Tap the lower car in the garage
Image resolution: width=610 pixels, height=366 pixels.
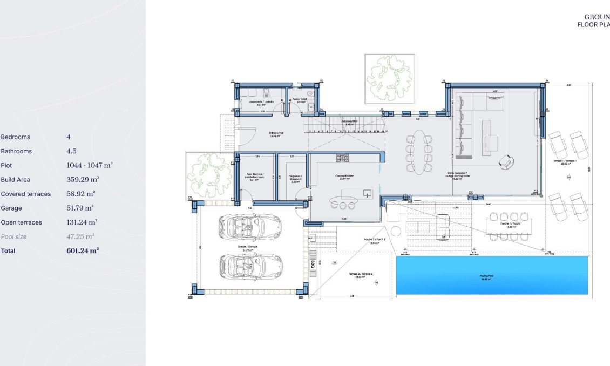[250, 265]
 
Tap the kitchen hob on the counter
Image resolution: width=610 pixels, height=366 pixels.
[342, 157]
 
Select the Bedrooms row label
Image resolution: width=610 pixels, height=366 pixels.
[16, 137]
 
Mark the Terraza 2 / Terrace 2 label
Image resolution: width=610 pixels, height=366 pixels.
[355, 275]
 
